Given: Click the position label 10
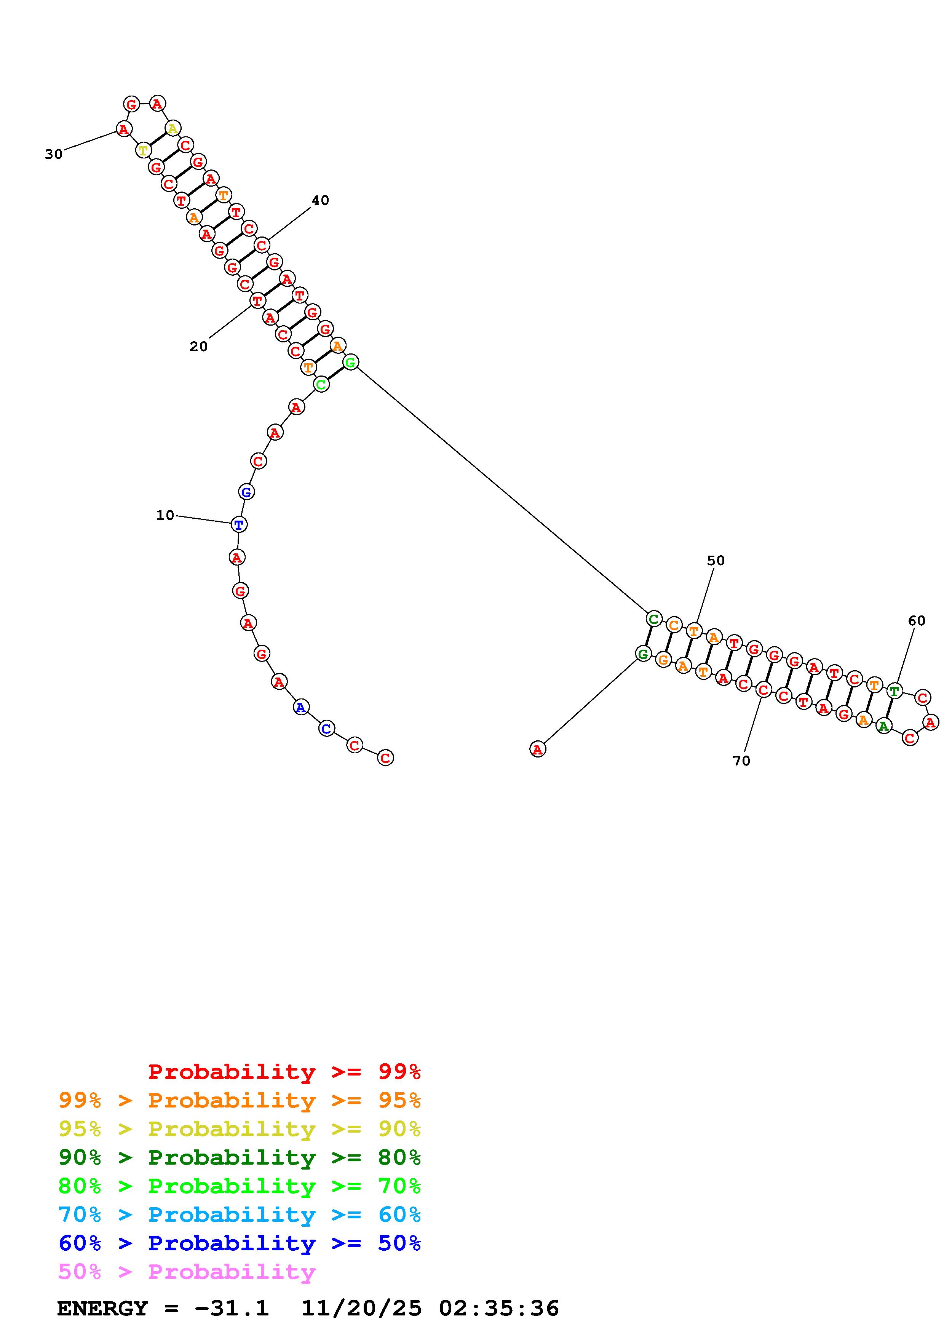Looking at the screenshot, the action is point(165,515).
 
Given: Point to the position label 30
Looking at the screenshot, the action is point(54,154).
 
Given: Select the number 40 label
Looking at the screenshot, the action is point(320,200).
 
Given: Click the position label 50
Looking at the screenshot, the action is point(716,560).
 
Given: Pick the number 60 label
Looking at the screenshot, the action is point(916,621).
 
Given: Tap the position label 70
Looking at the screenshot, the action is point(741,761).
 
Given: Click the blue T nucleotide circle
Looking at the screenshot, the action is point(238,525).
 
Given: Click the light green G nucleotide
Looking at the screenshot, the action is point(350,363).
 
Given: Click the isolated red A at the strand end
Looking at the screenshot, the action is point(537,750).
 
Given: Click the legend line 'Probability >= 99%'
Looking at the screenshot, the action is point(284,1072).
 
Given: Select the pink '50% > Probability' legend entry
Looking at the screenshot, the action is point(187,1272).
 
